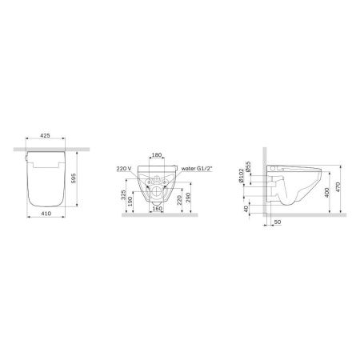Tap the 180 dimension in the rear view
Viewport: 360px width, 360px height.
(x=157, y=156)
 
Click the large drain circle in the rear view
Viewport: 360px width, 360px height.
(x=157, y=192)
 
